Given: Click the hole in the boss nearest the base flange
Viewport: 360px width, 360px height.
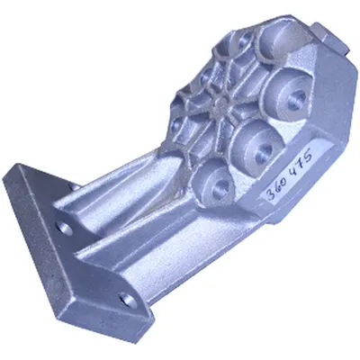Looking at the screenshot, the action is [222, 185].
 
